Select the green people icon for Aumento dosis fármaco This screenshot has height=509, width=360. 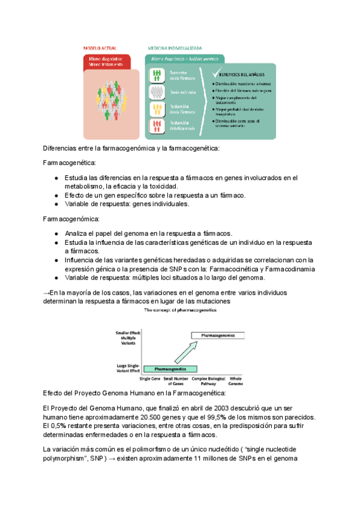pyautogui.click(x=157, y=74)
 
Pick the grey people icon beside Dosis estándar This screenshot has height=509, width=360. pyautogui.click(x=157, y=91)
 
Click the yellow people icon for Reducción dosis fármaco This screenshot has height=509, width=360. pyautogui.click(x=157, y=109)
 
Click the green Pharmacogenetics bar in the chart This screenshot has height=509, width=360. pyautogui.click(x=170, y=368)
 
